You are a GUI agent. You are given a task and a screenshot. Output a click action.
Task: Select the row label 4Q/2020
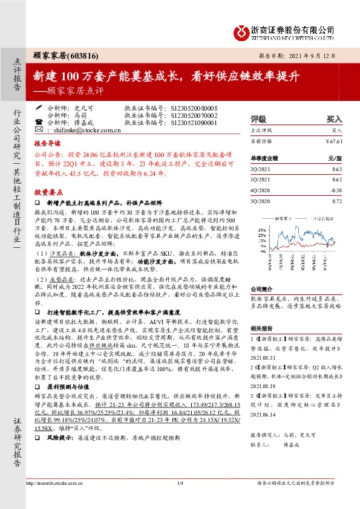tap(260, 189)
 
